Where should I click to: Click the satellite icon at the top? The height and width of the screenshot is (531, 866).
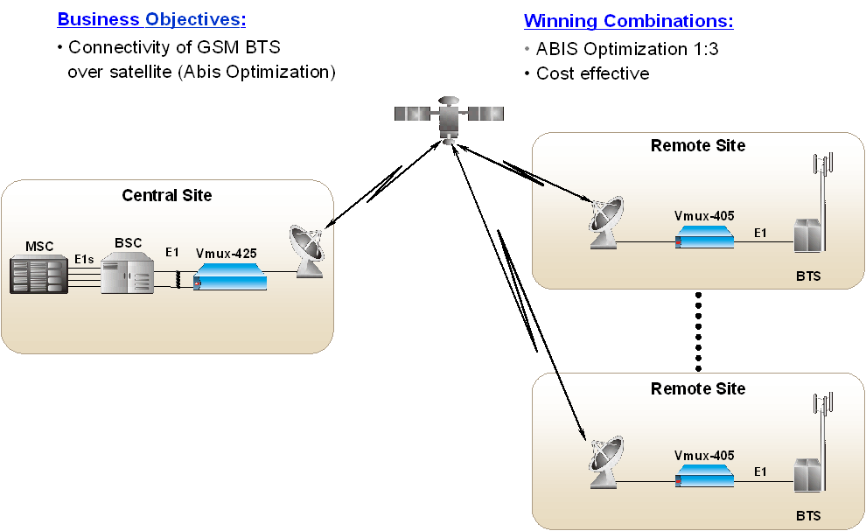[449, 115]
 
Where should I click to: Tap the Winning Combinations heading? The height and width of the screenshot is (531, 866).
[628, 21]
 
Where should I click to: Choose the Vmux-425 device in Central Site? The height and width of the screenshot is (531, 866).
[229, 279]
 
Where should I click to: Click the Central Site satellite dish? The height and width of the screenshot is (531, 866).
[308, 253]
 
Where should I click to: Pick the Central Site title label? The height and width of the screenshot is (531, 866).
[166, 195]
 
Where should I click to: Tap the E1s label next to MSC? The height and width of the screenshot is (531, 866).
[84, 259]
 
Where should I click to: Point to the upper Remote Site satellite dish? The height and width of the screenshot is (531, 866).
[607, 224]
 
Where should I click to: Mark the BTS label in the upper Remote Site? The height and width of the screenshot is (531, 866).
[808, 276]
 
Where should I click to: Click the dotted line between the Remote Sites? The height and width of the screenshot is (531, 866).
[698, 330]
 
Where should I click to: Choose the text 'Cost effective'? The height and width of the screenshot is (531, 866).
[592, 73]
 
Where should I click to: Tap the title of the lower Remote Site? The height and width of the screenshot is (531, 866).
[698, 388]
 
